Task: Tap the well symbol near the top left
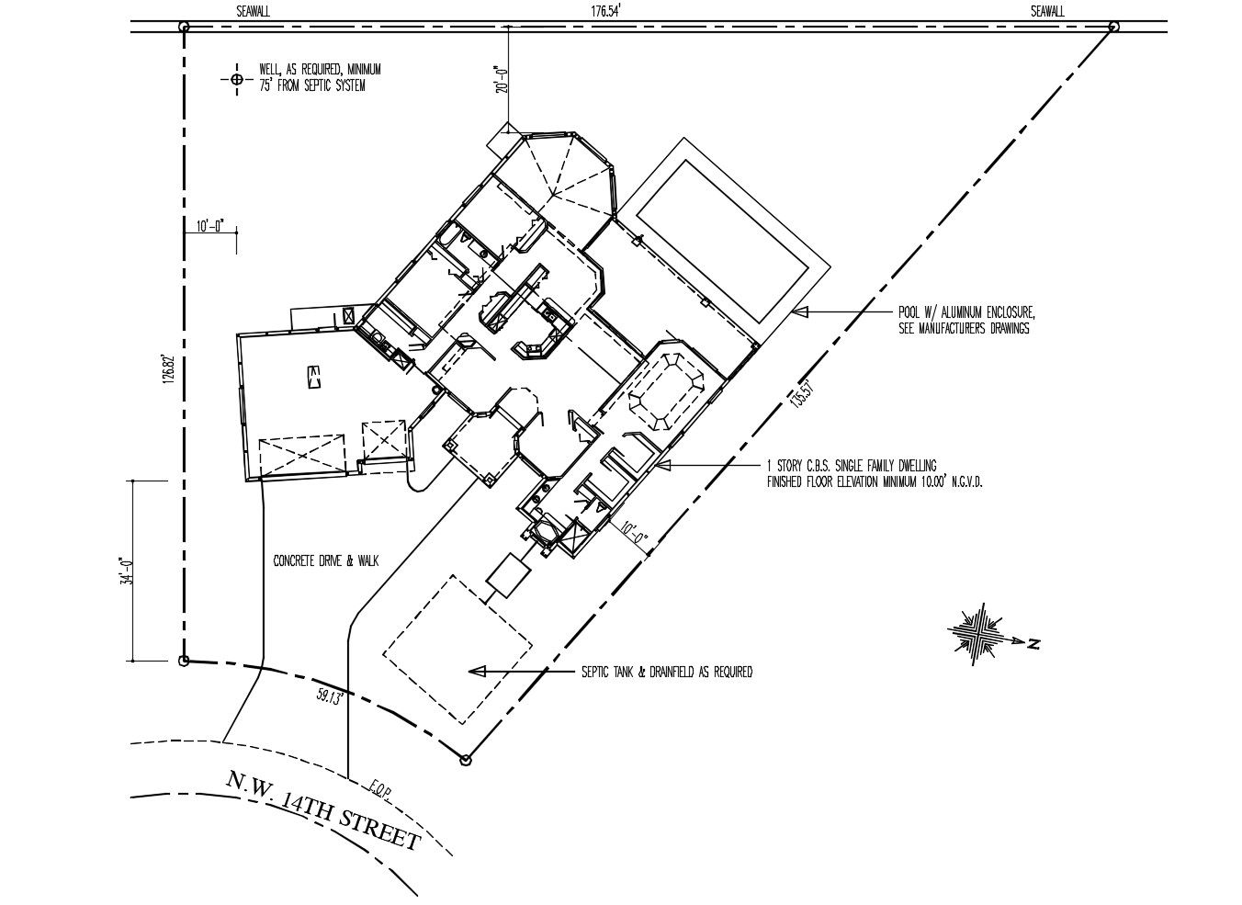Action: coord(236,79)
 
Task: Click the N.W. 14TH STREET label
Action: coord(323,812)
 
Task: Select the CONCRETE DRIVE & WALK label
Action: coord(326,560)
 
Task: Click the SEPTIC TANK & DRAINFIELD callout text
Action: coord(666,673)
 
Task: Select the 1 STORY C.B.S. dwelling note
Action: coord(875,473)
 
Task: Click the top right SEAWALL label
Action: coord(1046,11)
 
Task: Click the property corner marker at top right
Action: coord(1113,27)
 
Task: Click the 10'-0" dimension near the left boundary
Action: coord(210,226)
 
